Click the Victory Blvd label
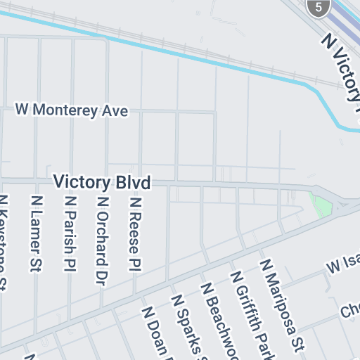point(103,184)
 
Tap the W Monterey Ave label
point(72,110)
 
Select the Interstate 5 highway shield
point(319,8)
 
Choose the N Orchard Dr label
point(102,239)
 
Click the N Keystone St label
point(4,243)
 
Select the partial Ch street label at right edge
point(349,310)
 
